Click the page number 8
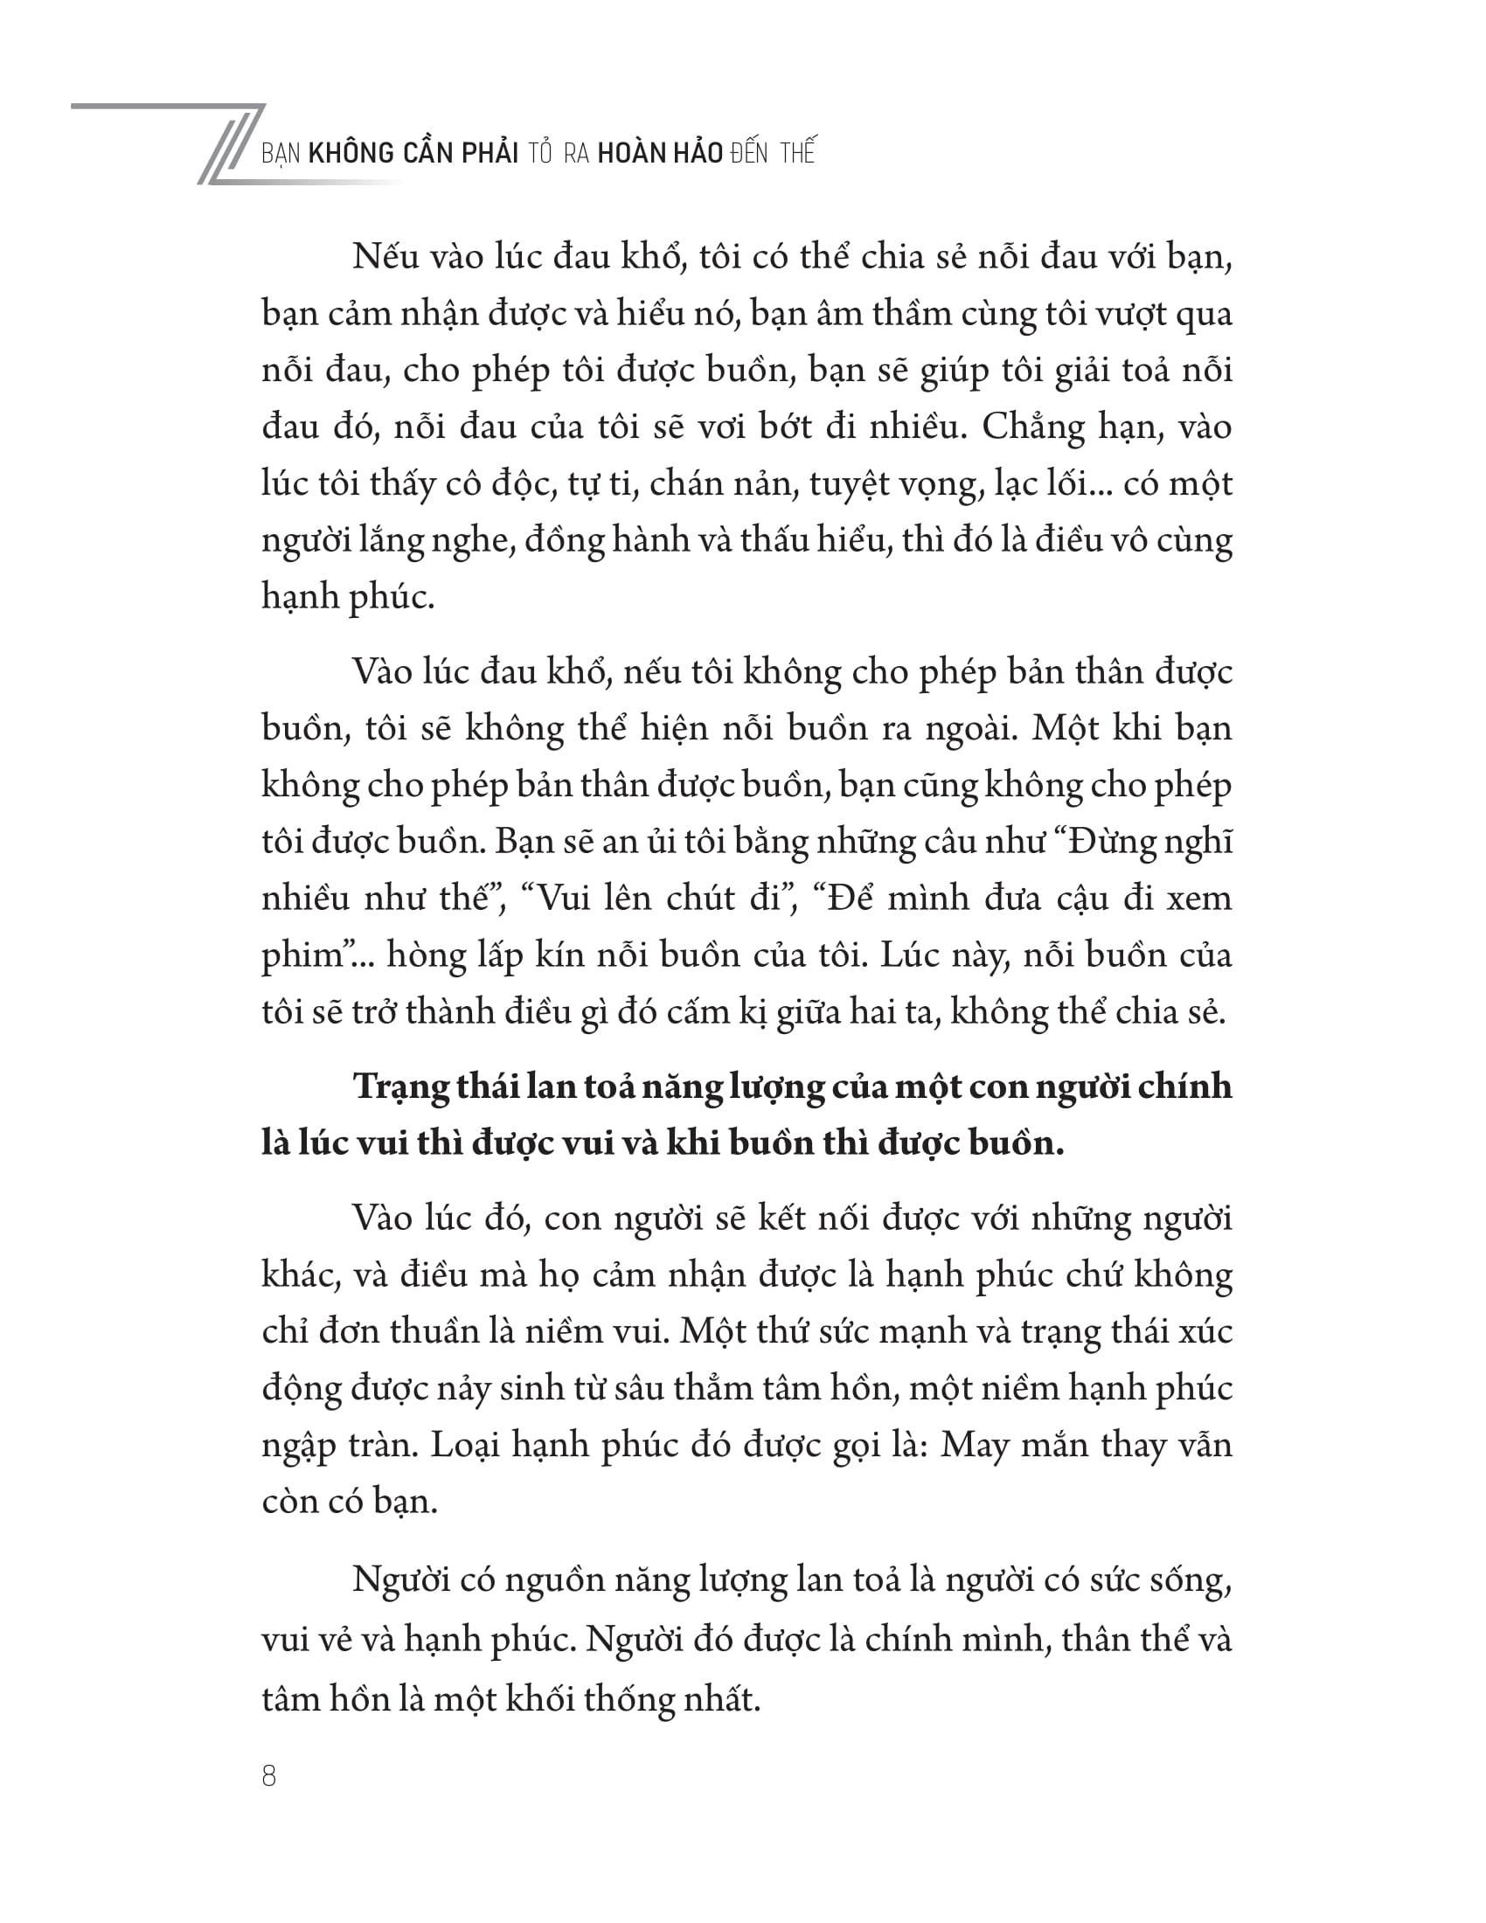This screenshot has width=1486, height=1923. [x=269, y=1776]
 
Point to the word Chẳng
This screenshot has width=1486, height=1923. [x=1035, y=429]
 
